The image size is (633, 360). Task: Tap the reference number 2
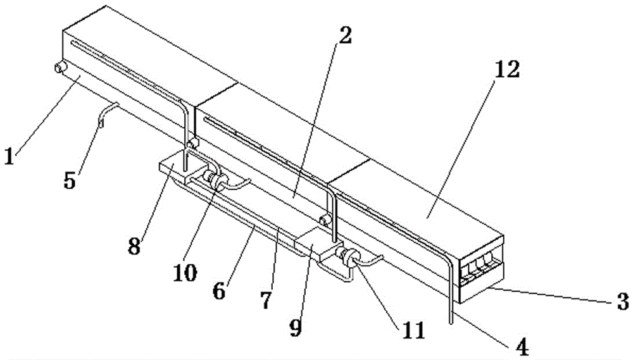[x=344, y=37]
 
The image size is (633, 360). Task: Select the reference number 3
[x=622, y=299]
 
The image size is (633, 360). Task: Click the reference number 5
[x=70, y=179]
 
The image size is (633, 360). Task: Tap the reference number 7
[x=266, y=299]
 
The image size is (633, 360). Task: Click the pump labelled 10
[x=218, y=182]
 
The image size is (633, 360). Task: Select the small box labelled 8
[x=174, y=170]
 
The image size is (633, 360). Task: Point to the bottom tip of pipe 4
[x=451, y=324]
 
